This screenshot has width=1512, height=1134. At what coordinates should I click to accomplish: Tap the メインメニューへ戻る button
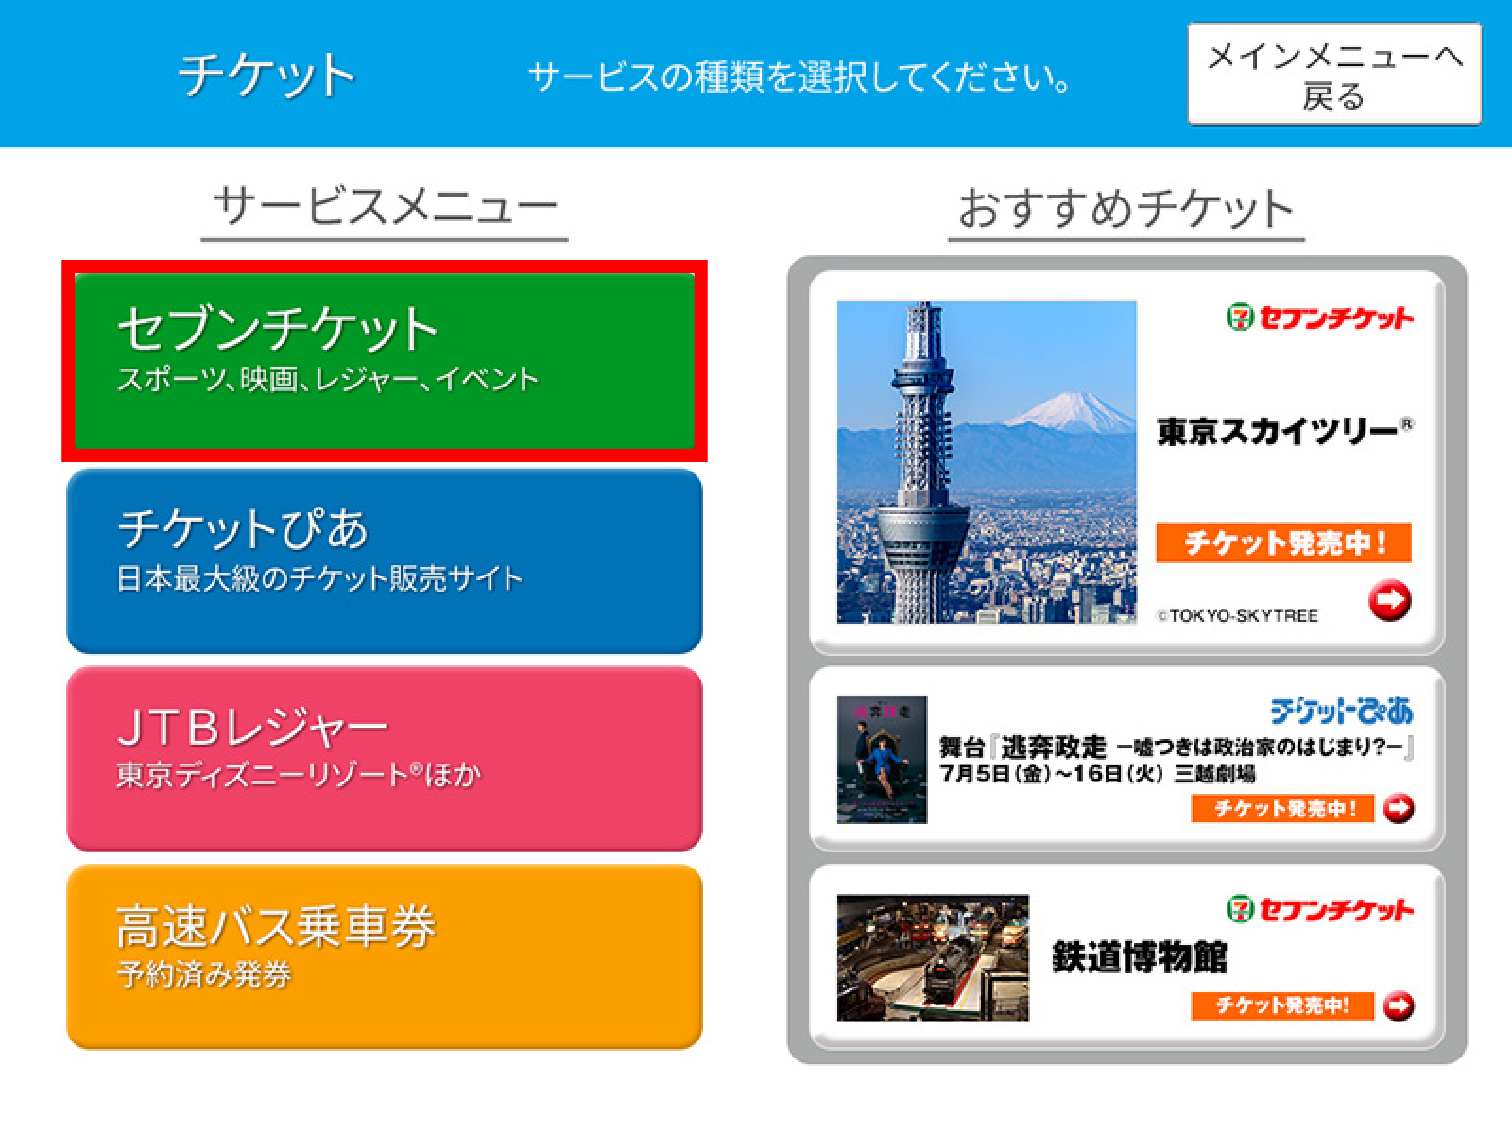pos(1334,74)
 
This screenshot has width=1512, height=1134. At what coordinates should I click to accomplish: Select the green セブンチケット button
pos(385,361)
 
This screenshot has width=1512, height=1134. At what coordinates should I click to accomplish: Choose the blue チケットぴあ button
pos(385,561)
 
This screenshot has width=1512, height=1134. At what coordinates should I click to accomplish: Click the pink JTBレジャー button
pos(385,759)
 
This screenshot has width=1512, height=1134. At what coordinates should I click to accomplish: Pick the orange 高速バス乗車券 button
pos(385,957)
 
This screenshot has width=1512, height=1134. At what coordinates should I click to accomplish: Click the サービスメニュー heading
pos(385,207)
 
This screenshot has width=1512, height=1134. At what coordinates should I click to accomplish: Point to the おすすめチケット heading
pos(1126,208)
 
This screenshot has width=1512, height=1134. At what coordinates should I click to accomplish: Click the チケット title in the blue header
pos(266,75)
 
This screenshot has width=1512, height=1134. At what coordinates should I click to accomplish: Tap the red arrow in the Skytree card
pos(1389,600)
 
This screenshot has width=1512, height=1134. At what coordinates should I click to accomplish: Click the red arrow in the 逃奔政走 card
pos(1399,808)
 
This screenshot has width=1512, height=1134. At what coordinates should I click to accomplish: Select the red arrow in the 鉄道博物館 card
pos(1399,1005)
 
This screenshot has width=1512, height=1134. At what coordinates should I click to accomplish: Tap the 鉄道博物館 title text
pos(1140,957)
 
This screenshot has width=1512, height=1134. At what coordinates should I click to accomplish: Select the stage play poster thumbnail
pos(882,760)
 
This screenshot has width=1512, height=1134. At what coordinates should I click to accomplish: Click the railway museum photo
pos(933,957)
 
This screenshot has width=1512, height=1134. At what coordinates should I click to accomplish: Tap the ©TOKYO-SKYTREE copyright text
pos(1238,615)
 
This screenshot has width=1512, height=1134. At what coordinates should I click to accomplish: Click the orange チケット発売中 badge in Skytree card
pos(1284,542)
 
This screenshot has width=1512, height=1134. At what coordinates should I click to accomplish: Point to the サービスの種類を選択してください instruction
pos(799,77)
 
